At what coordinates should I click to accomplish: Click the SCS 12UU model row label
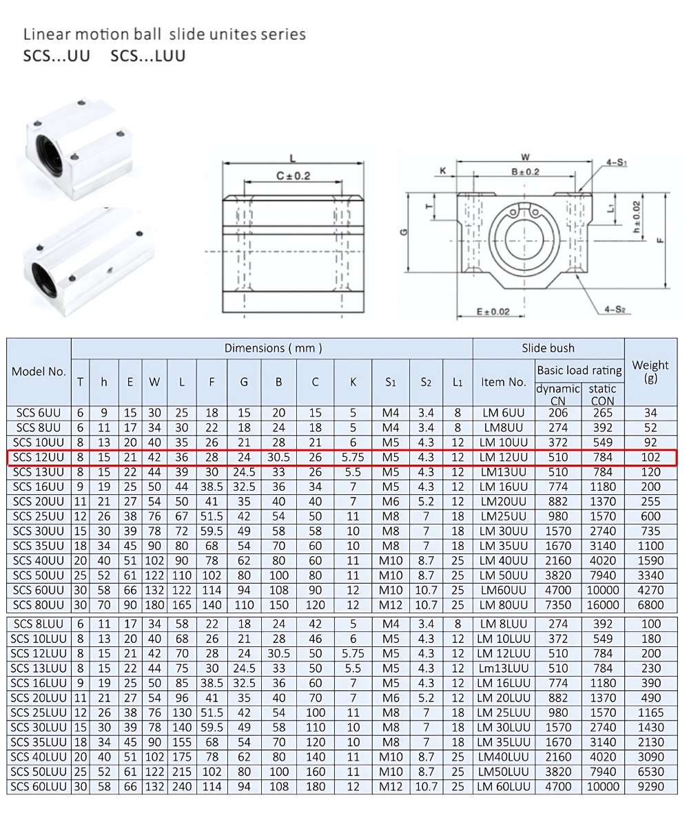click(39, 457)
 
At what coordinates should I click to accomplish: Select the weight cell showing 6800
click(650, 604)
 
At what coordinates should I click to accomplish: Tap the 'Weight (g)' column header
click(650, 371)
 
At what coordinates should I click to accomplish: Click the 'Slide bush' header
click(548, 348)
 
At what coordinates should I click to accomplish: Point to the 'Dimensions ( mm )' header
click(273, 348)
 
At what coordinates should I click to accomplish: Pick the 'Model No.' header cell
click(39, 371)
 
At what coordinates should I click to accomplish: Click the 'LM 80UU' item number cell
click(504, 604)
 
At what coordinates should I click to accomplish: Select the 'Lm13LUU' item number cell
click(504, 668)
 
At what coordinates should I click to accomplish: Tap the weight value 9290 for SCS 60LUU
click(650, 786)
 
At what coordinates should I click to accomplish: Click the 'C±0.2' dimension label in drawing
click(294, 176)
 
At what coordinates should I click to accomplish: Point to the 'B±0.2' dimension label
click(525, 171)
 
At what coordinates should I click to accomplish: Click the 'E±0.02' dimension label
click(493, 312)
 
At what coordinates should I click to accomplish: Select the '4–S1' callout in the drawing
click(616, 163)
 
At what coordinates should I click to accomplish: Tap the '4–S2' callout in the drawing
click(615, 309)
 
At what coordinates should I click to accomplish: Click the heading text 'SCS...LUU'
click(147, 56)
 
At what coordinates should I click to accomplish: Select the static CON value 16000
click(602, 604)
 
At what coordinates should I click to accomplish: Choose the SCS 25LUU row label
click(39, 712)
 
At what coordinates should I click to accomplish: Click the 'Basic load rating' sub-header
click(579, 370)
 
